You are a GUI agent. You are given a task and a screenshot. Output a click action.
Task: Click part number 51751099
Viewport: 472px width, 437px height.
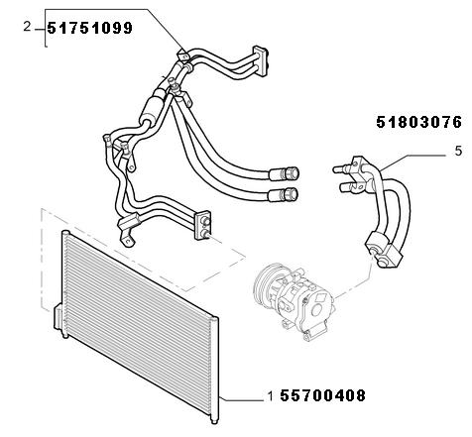tap(89, 28)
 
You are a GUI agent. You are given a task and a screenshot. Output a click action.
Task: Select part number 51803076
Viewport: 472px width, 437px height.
tap(418, 122)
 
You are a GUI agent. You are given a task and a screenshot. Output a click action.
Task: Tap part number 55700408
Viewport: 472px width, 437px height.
tap(322, 395)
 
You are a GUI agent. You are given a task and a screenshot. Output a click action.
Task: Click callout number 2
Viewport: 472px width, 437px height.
tap(27, 27)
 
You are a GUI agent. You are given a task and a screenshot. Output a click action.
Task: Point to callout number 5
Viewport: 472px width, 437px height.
tap(458, 151)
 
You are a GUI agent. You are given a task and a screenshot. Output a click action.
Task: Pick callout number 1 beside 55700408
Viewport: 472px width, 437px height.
tap(271, 396)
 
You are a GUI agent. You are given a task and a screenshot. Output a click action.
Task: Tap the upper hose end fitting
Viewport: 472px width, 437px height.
tap(285, 173)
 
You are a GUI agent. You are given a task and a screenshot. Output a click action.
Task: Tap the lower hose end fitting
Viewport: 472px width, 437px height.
tap(284, 195)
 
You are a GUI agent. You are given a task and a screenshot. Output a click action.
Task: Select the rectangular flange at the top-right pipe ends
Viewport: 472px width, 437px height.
tap(260, 61)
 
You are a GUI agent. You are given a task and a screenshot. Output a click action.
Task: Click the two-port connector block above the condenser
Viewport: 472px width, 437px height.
tap(203, 225)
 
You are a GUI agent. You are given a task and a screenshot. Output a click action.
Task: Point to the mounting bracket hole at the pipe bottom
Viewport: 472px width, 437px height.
tap(127, 243)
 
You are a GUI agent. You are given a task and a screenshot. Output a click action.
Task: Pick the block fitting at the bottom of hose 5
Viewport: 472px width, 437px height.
tap(384, 250)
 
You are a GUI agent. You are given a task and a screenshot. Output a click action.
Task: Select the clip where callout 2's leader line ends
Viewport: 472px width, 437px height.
tap(182, 55)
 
